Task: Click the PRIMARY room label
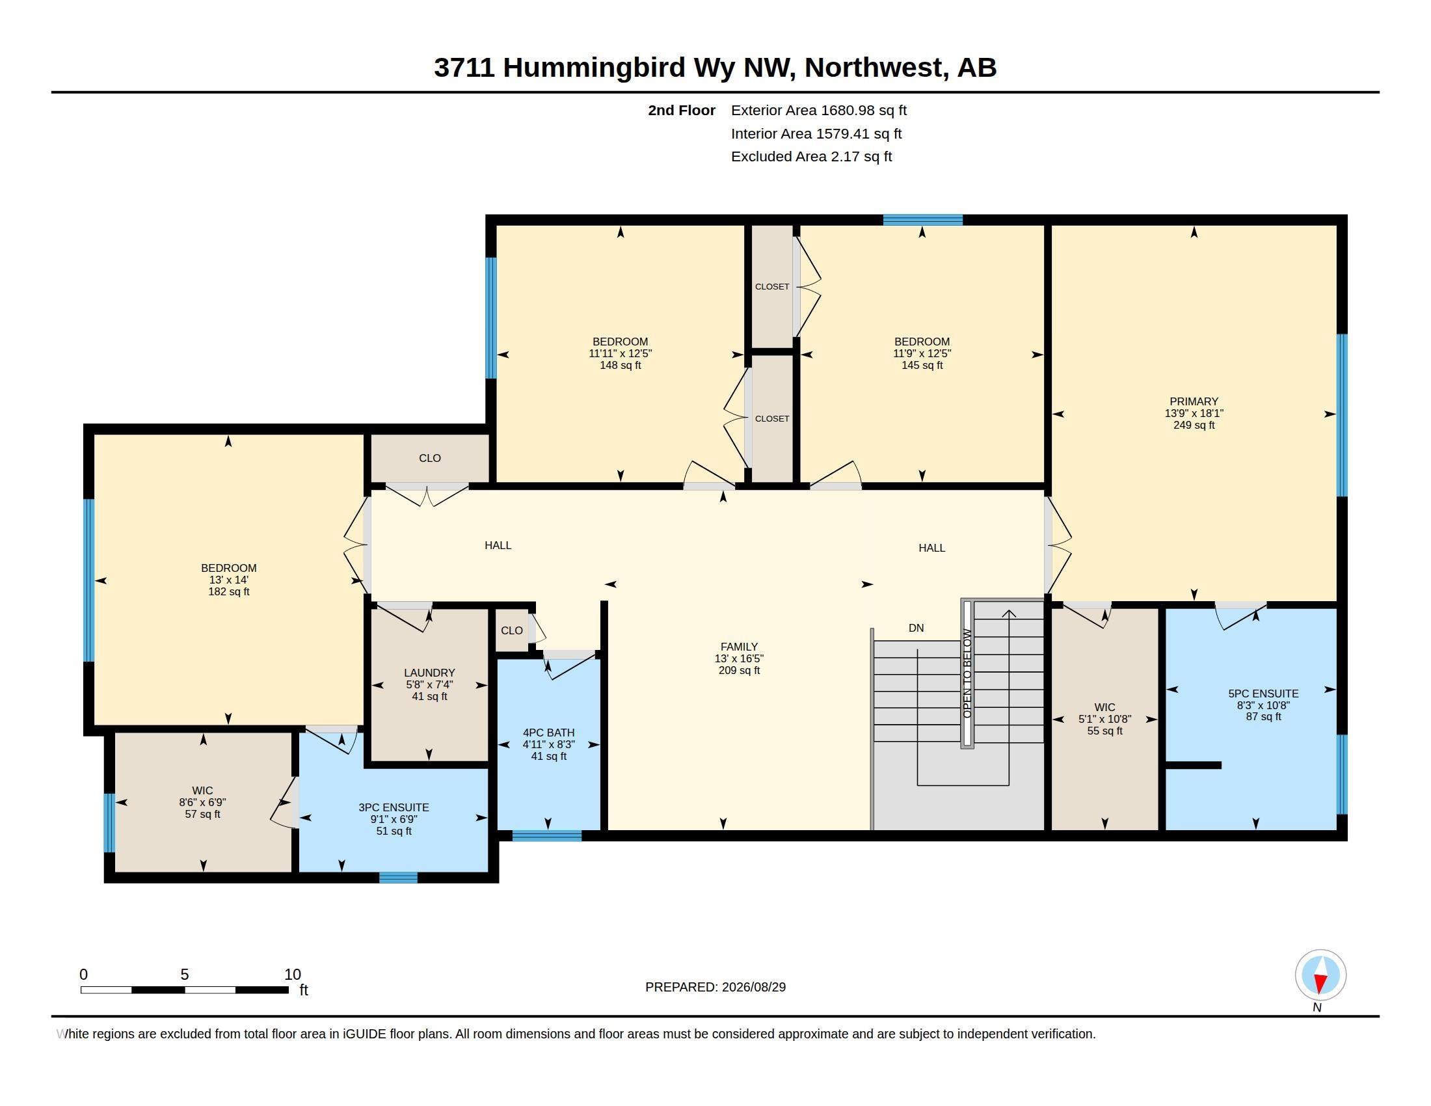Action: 1193,401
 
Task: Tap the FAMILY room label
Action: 739,647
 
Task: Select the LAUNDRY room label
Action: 429,673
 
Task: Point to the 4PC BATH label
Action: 548,733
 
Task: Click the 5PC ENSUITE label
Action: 1263,694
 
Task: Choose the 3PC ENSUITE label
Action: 394,807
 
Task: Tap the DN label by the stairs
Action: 916,628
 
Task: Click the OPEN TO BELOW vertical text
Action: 967,673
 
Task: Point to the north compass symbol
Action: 1320,975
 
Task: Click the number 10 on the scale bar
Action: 292,975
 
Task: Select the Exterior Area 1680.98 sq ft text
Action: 818,110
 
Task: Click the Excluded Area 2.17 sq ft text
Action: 811,156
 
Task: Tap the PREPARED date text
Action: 716,987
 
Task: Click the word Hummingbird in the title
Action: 595,68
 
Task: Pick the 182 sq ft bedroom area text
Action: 229,591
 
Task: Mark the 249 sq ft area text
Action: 1194,425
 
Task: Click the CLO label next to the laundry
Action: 512,630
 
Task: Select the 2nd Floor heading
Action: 682,110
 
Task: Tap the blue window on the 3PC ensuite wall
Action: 398,878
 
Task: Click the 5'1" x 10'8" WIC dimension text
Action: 1104,719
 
